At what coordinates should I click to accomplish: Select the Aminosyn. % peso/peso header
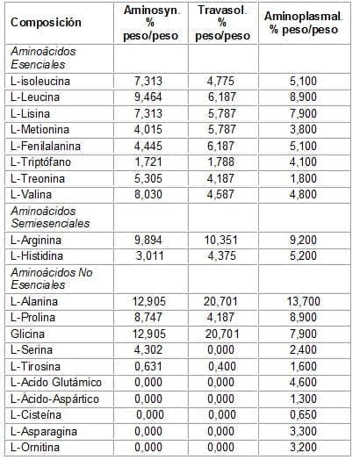point(150,21)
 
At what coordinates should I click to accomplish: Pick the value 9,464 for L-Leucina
point(150,96)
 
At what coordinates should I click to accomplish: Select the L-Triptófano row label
point(41,164)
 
